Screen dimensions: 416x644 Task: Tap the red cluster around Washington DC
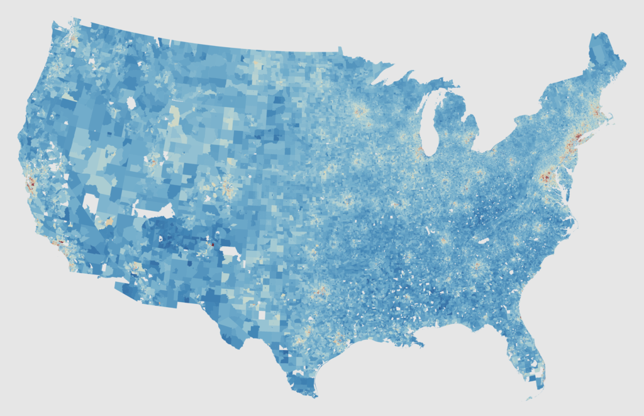545,177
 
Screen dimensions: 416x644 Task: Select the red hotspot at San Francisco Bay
30,183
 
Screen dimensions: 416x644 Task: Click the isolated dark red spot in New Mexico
213,244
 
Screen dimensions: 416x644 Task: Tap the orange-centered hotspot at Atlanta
477,266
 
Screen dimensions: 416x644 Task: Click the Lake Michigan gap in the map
429,126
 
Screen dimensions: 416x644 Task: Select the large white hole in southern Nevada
91,204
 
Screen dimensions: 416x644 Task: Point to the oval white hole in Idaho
131,102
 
